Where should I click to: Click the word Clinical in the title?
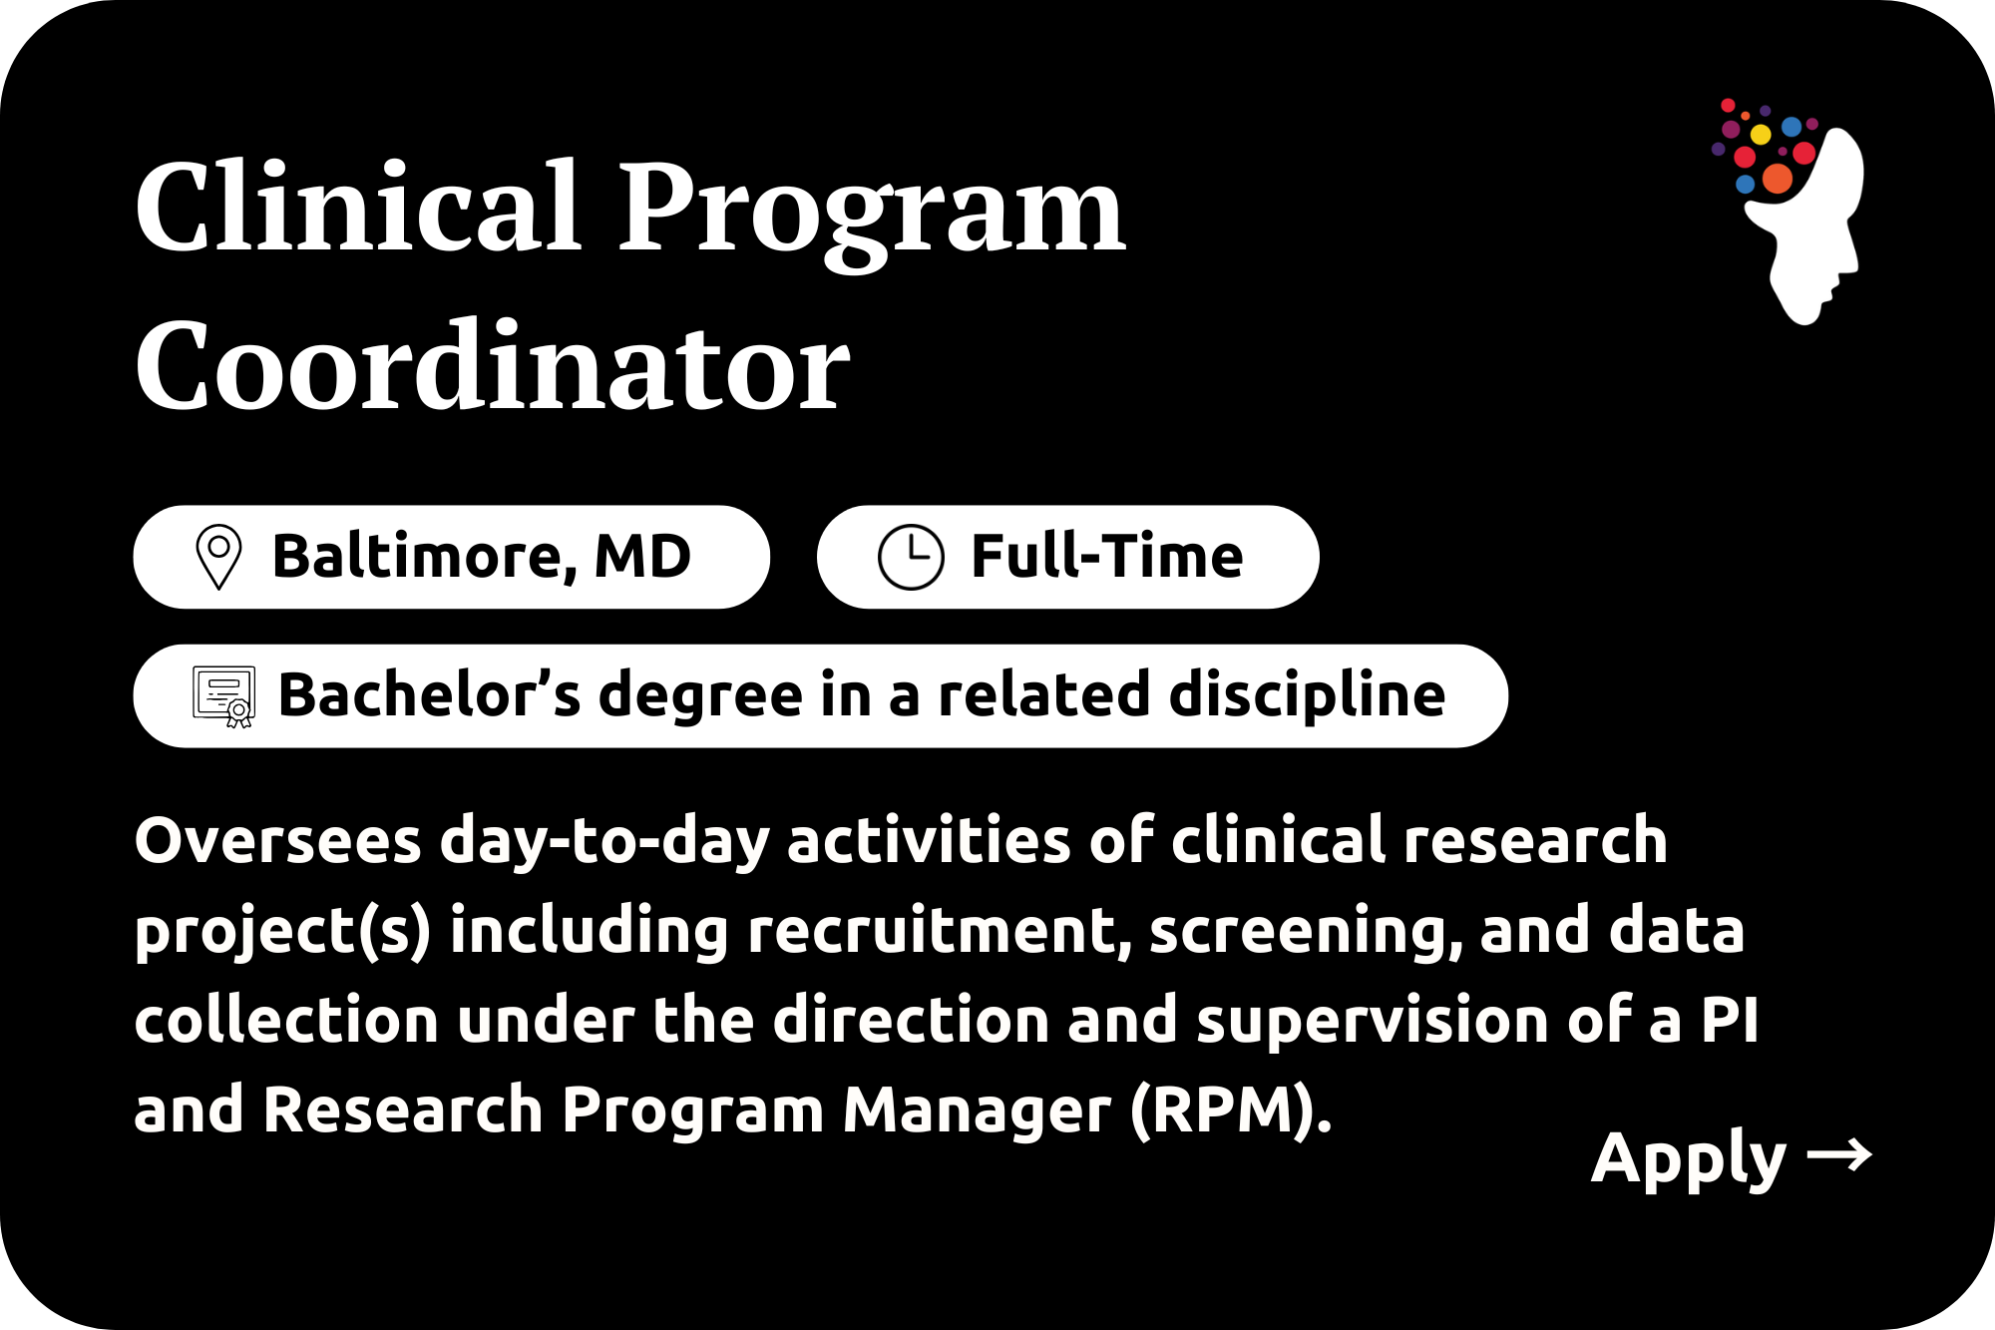pyautogui.click(x=358, y=206)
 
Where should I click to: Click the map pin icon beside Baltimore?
pyautogui.click(x=219, y=557)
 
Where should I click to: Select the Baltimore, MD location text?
pyautogui.click(x=482, y=557)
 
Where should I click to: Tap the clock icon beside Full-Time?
pyautogui.click(x=911, y=557)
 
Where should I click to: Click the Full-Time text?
pyautogui.click(x=1107, y=556)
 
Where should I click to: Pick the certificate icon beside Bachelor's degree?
pyautogui.click(x=223, y=696)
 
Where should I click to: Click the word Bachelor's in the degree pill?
pyautogui.click(x=429, y=693)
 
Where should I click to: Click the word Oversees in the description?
pyautogui.click(x=277, y=840)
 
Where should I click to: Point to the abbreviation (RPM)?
pyautogui.click(x=1231, y=1109)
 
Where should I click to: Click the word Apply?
pyautogui.click(x=1688, y=1159)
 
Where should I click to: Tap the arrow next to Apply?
pyautogui.click(x=1839, y=1155)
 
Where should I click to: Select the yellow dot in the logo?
pyautogui.click(x=1761, y=135)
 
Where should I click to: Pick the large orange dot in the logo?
pyautogui.click(x=1778, y=179)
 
